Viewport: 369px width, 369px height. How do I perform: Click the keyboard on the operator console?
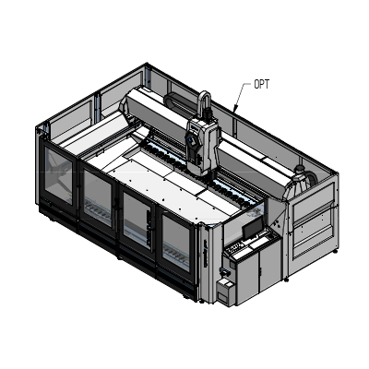(x=241, y=247)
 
